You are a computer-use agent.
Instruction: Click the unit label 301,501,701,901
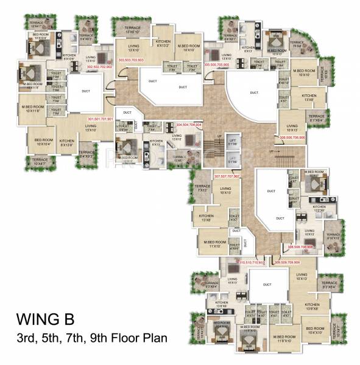(100, 119)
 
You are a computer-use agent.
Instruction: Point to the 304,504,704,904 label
(189, 124)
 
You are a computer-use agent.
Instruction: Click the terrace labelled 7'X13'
(202, 188)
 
